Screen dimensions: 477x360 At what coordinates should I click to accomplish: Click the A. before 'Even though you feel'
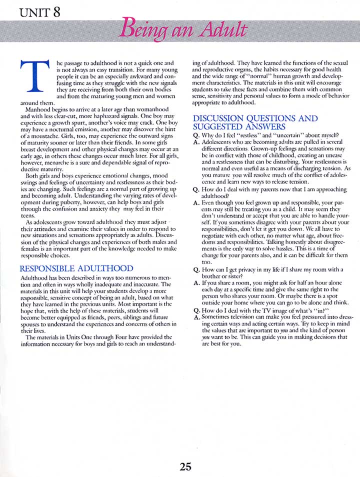pyautogui.click(x=196, y=204)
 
